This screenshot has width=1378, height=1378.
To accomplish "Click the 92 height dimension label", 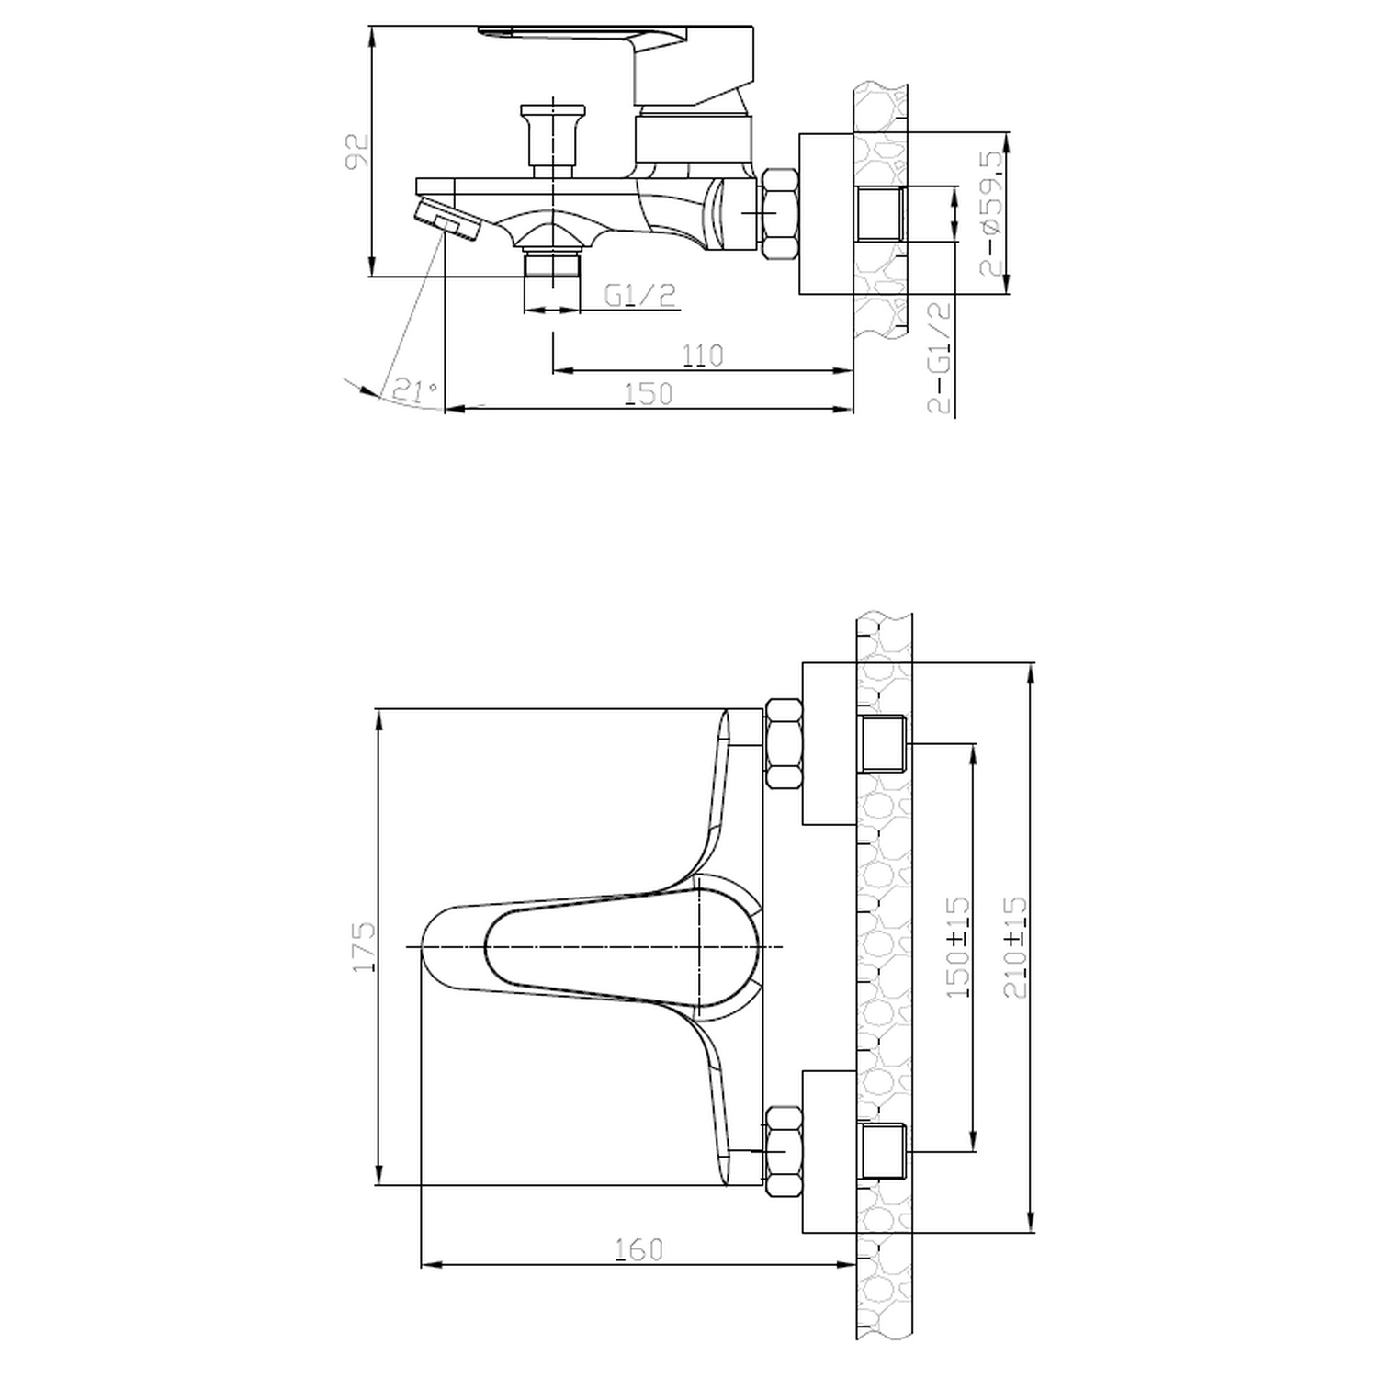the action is click(356, 152).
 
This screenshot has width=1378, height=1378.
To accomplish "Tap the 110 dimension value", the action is click(703, 356).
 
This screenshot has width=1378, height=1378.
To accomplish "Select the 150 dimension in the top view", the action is click(649, 393).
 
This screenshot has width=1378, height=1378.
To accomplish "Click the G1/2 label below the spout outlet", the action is click(640, 295).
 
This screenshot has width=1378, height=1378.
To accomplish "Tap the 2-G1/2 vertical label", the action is click(939, 358).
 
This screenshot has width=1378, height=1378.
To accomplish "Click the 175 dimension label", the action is click(365, 946).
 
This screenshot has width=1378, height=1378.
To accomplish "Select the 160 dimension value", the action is click(638, 1249).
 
